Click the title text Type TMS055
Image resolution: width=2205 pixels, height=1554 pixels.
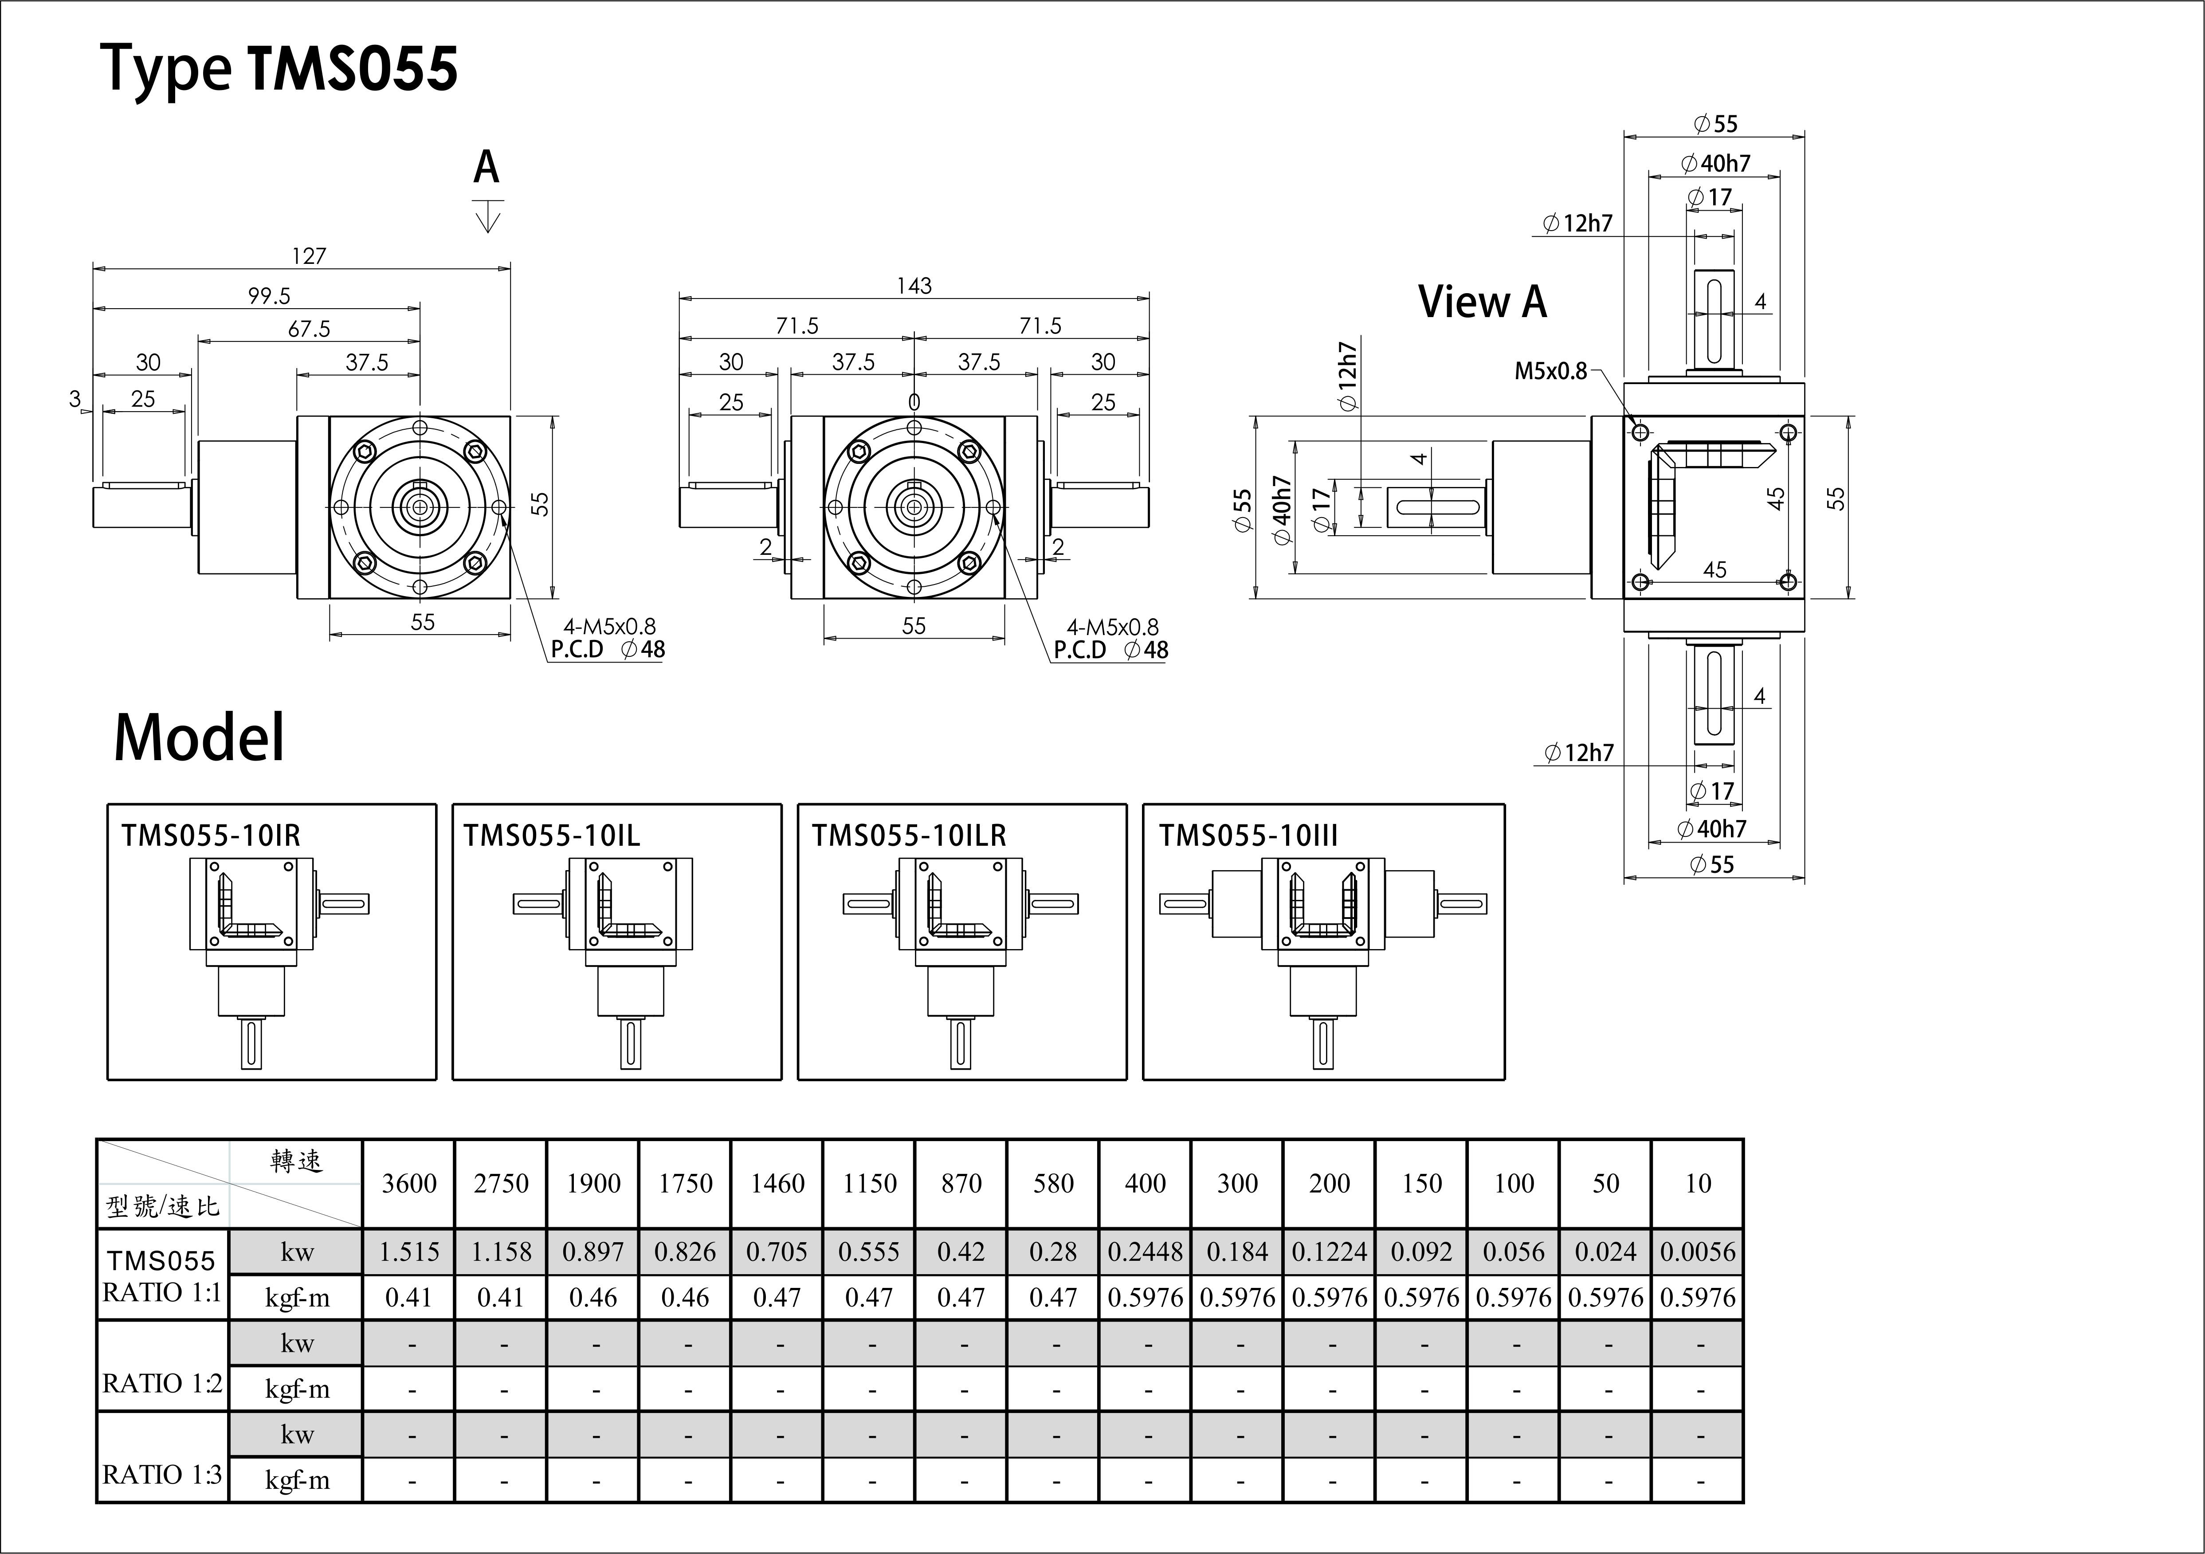click(279, 69)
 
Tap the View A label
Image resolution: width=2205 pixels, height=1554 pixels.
click(1482, 302)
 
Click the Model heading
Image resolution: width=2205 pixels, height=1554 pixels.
click(199, 738)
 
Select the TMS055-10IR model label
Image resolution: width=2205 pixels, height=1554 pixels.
click(210, 836)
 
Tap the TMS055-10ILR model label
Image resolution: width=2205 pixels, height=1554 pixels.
click(909, 836)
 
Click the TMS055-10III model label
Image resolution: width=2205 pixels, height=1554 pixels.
click(1248, 836)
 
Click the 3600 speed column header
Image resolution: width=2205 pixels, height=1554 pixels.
click(409, 1183)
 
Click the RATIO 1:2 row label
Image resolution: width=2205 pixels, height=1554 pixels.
click(162, 1383)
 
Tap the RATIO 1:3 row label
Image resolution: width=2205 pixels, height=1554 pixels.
click(162, 1474)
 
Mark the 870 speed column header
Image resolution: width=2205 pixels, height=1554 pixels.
click(961, 1183)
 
